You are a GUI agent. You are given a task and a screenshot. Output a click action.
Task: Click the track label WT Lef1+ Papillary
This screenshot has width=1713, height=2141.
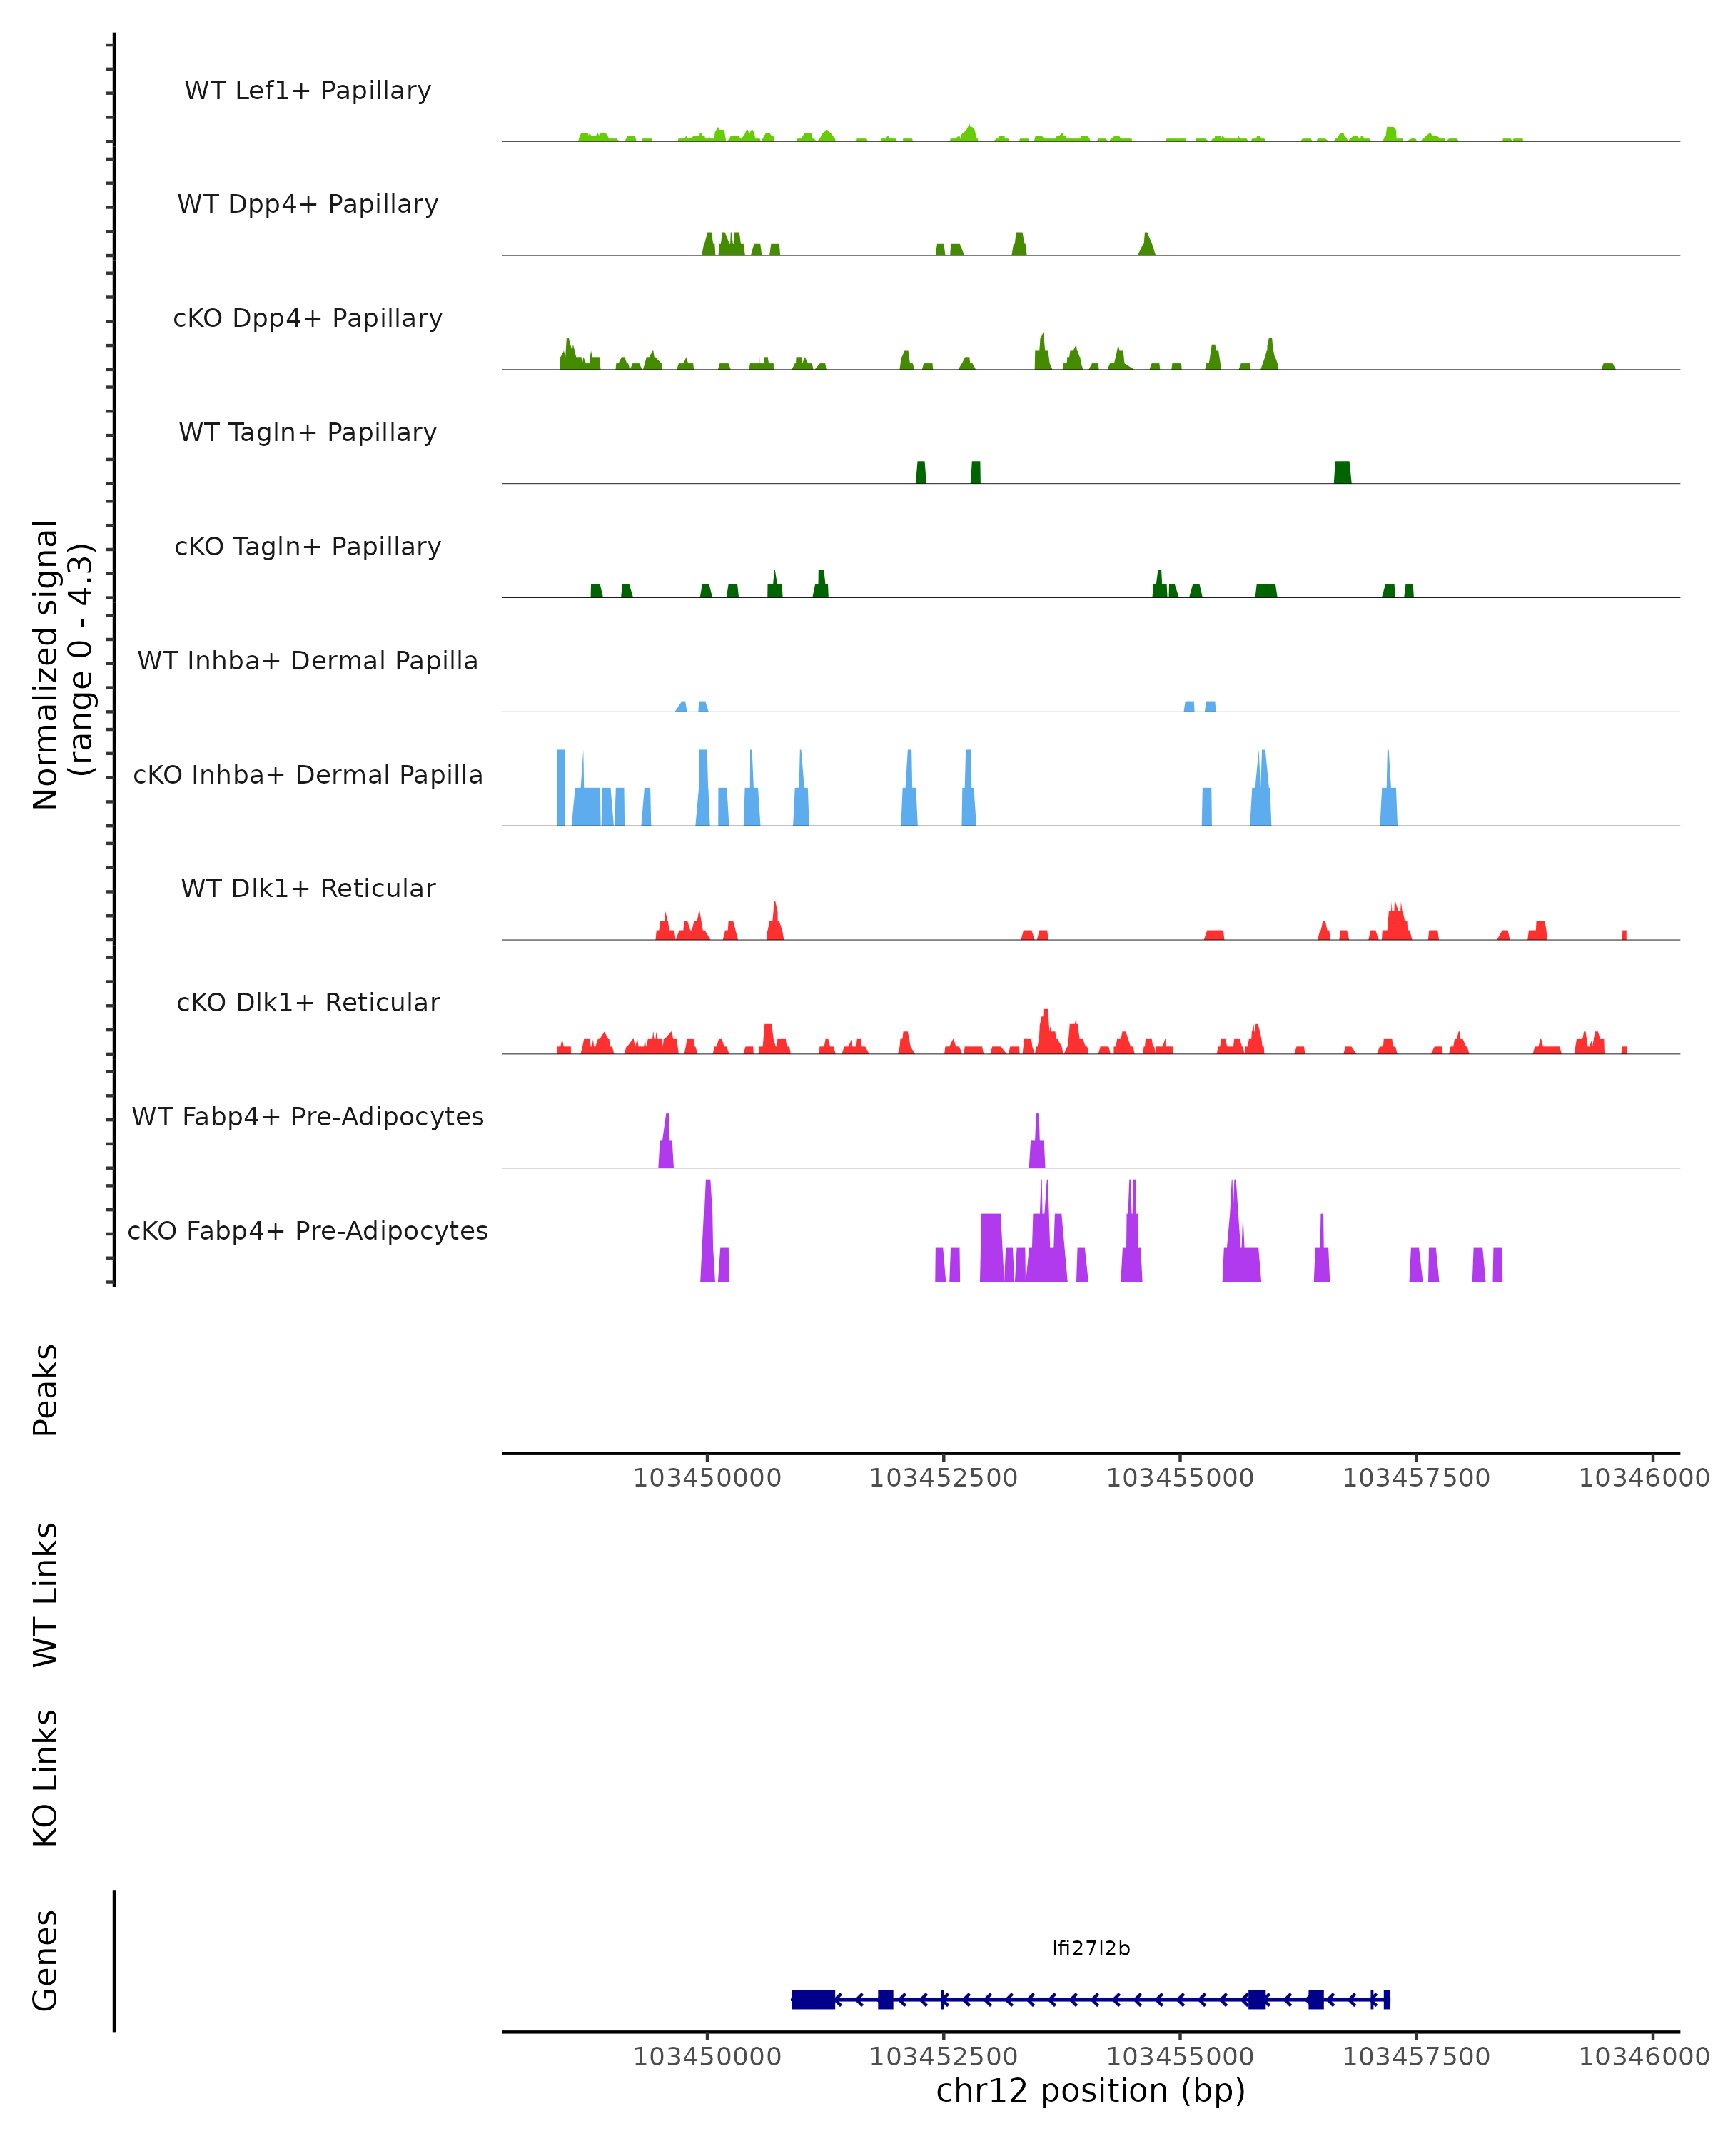[308, 91]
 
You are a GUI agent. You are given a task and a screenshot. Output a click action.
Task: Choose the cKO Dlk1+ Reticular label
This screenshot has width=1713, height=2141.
[308, 1002]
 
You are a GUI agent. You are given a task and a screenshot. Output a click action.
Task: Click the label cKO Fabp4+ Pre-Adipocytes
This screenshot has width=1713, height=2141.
[308, 1230]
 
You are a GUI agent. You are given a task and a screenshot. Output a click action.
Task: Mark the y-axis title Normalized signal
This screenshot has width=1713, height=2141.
[46, 664]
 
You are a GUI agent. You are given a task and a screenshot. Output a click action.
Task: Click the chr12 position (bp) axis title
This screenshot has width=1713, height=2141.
[1091, 2090]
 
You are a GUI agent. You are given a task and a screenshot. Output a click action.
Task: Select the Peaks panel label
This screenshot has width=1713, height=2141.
[46, 1390]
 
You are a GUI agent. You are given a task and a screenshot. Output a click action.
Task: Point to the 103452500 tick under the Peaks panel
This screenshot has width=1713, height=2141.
[944, 1478]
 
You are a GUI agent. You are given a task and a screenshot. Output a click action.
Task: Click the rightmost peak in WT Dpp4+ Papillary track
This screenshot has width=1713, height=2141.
[1147, 246]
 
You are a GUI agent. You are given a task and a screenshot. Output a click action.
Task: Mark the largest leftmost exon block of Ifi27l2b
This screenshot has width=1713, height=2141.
[813, 1999]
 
